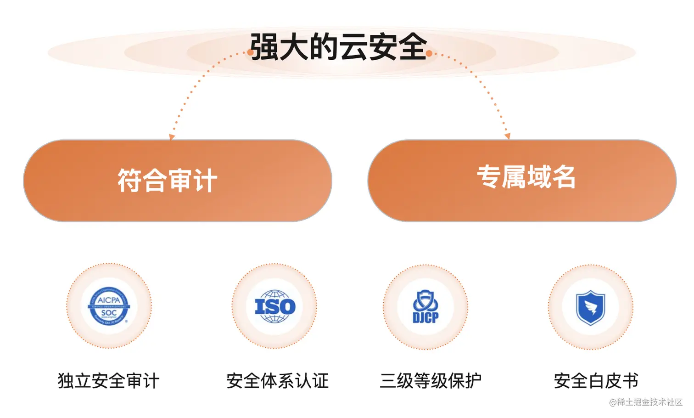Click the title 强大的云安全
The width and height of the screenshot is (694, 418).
coord(338,47)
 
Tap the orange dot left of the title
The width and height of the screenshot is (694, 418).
coord(251,53)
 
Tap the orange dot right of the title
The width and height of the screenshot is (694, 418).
coord(429,53)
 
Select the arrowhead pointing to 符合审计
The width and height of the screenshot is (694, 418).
coord(172,136)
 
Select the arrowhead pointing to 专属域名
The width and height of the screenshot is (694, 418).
coord(507,136)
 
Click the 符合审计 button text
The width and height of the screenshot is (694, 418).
coord(167,181)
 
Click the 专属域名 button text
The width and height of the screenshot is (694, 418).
coord(526,177)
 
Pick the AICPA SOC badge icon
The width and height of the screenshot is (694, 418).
coord(109,306)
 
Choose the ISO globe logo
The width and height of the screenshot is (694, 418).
coord(275,306)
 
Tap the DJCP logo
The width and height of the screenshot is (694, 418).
coord(425,307)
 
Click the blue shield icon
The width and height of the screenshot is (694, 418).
coord(591,307)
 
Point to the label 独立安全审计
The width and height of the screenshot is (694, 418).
coord(108,381)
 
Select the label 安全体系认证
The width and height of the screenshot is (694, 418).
coord(278,381)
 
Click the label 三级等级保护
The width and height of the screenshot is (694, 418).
coord(431,381)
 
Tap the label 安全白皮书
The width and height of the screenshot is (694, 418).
coord(596,381)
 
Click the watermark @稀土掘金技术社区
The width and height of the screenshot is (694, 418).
coord(645,402)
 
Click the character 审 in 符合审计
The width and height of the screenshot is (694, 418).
coord(179,181)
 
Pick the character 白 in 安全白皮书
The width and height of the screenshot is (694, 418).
coord(596,381)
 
